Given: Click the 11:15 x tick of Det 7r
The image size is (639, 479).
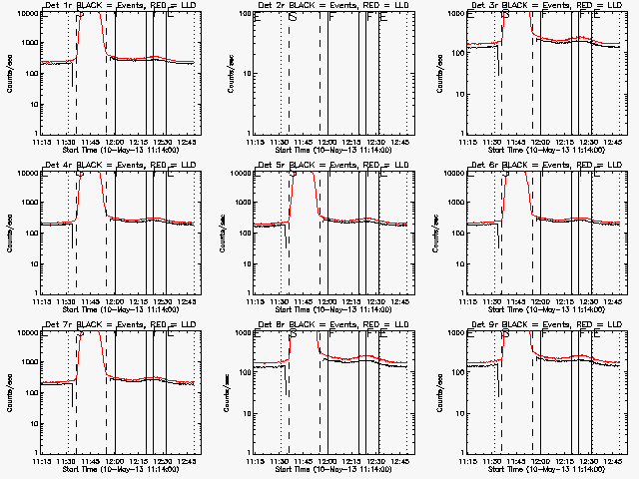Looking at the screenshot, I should coord(42,461).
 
